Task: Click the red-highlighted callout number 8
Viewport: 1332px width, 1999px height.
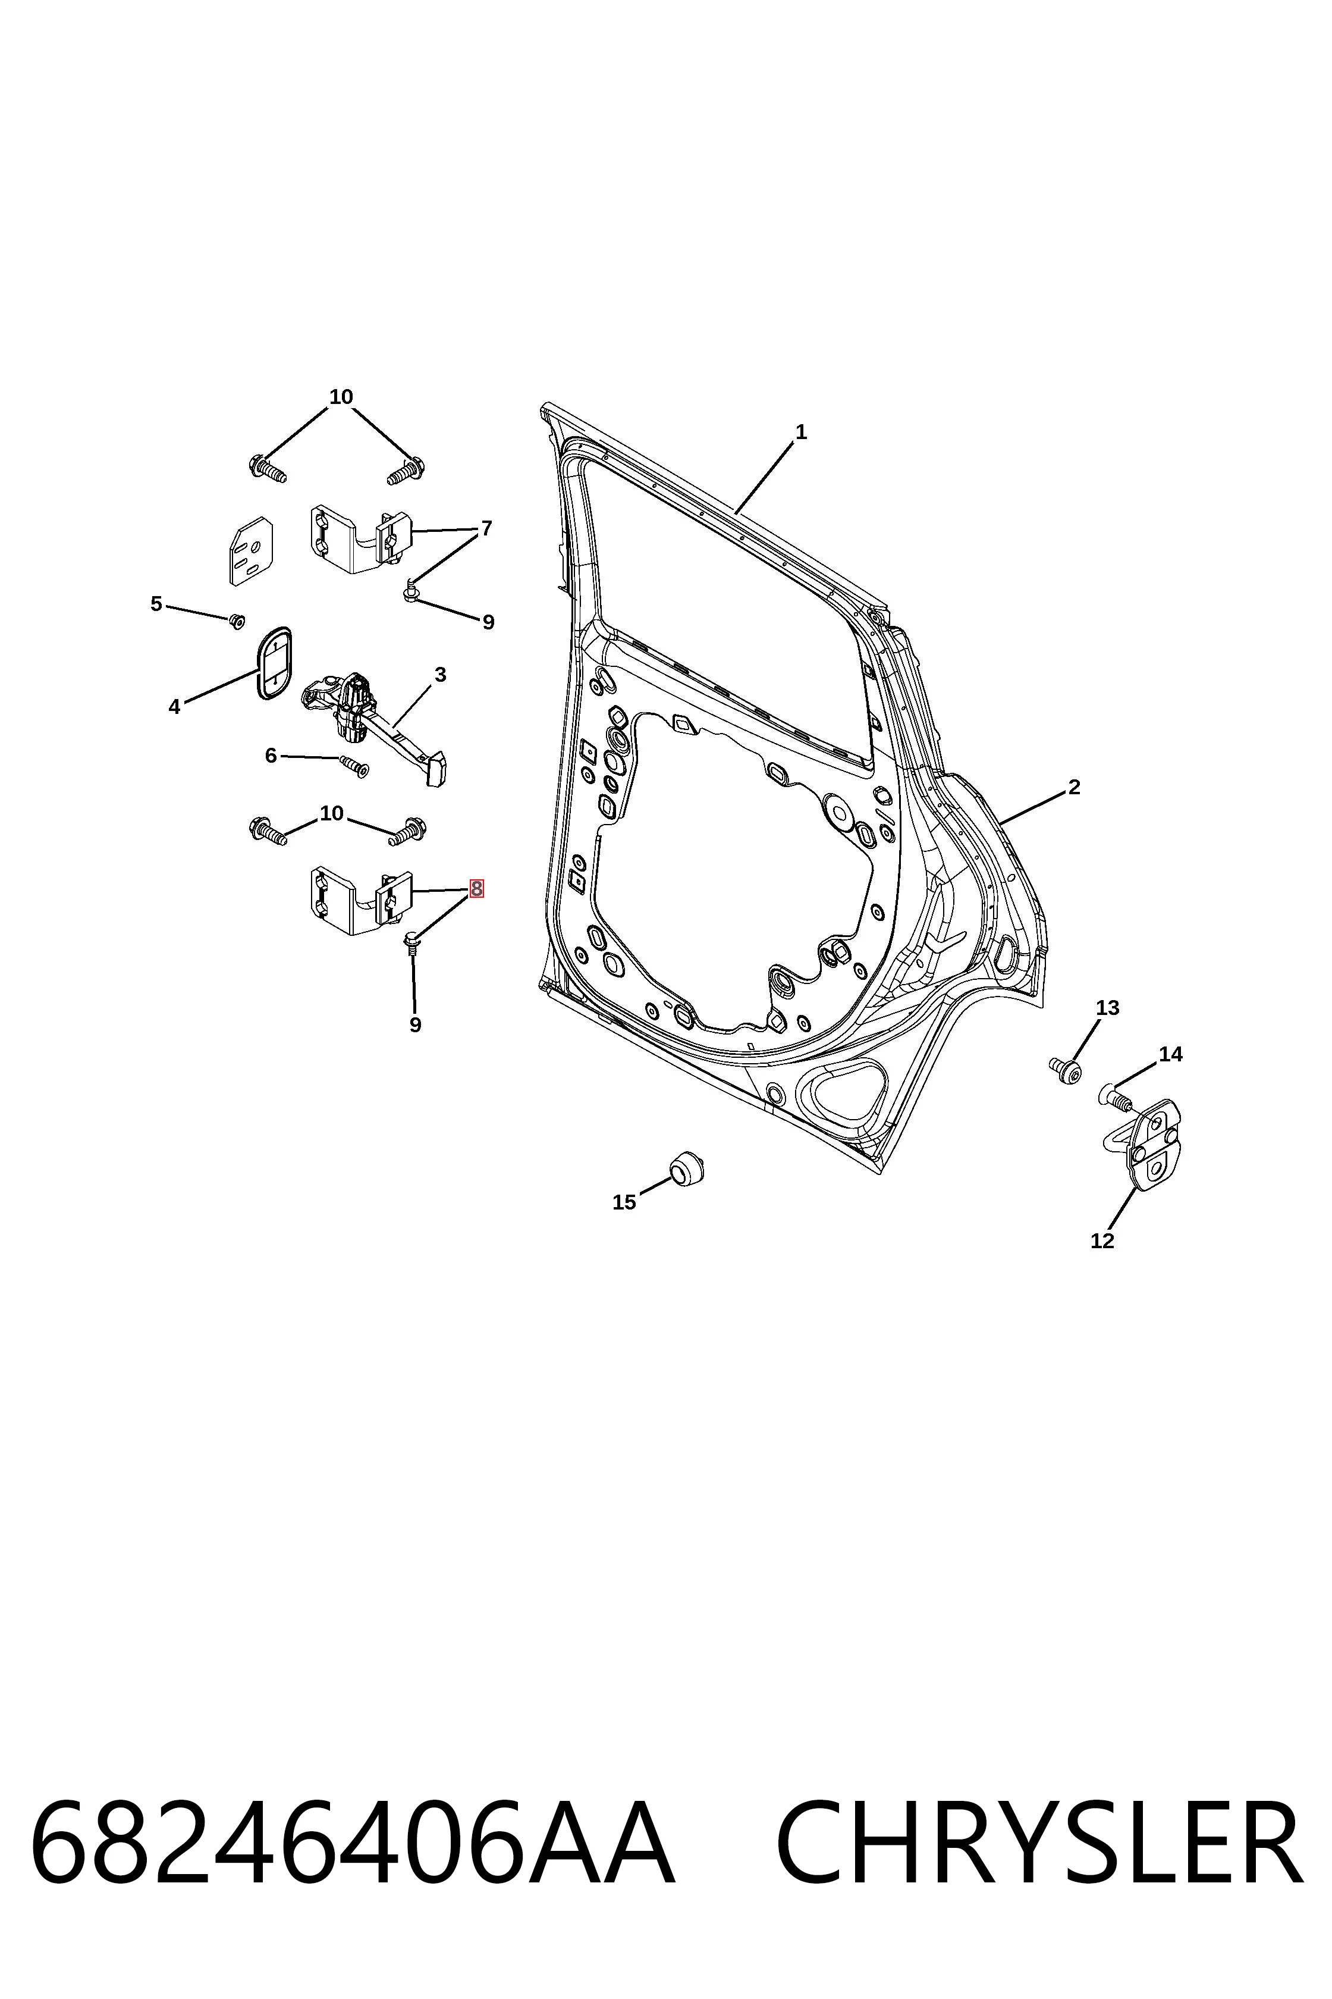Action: tap(476, 888)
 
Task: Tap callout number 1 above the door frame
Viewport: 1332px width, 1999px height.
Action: tap(800, 432)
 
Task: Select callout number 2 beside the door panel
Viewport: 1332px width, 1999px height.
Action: tap(1074, 787)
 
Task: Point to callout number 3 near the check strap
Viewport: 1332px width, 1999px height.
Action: tap(440, 675)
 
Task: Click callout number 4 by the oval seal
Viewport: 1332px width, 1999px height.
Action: tap(174, 706)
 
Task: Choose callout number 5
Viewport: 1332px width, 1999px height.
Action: tap(156, 603)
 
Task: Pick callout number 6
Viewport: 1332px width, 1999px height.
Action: tap(271, 755)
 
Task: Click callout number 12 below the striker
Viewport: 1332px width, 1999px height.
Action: tap(1102, 1241)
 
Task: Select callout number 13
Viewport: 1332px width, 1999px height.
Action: tap(1108, 1007)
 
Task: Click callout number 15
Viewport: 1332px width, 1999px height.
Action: tap(624, 1202)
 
